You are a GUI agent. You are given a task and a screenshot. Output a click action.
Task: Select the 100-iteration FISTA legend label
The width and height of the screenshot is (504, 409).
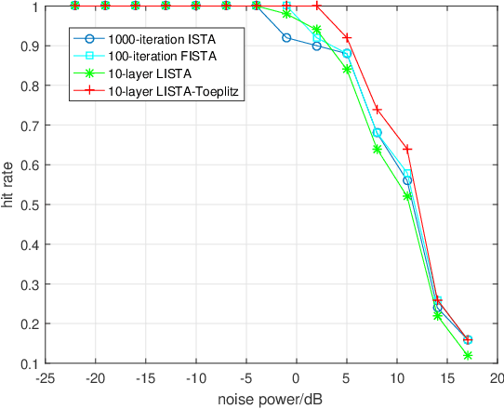(153, 57)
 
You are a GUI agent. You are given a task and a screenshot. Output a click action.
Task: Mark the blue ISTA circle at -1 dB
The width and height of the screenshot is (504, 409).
(286, 38)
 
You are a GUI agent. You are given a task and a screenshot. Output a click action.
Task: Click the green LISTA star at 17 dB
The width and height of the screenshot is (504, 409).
(468, 355)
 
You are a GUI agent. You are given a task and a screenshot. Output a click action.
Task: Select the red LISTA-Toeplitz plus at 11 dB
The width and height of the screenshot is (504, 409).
(407, 149)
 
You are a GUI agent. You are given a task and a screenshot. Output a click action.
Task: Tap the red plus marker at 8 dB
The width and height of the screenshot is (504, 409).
(377, 110)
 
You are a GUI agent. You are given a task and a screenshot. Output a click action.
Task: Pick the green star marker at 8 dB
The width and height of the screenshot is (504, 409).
(377, 149)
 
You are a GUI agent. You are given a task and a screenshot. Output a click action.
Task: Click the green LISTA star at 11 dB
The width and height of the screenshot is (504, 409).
(407, 196)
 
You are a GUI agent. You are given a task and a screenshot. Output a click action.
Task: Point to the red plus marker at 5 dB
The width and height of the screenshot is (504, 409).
(347, 38)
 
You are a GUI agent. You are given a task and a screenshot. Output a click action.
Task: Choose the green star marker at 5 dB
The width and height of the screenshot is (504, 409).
(347, 70)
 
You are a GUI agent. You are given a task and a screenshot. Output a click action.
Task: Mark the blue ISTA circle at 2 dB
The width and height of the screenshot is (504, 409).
(317, 46)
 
